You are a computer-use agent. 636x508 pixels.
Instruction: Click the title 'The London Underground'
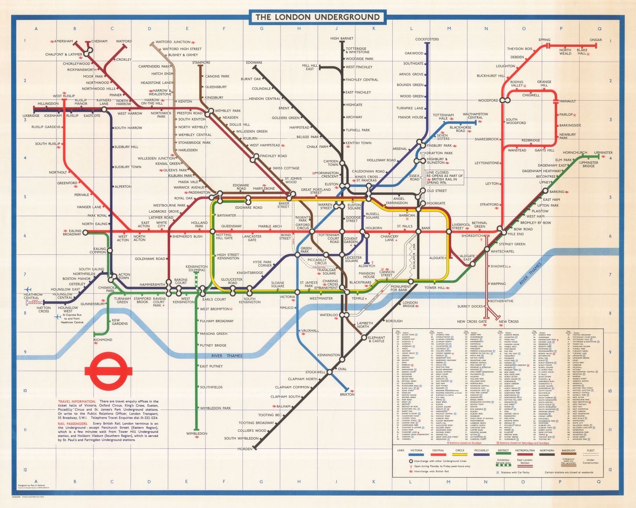click(318, 17)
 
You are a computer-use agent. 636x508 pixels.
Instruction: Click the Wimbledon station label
click(197, 434)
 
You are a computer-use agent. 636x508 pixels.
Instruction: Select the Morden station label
click(244, 449)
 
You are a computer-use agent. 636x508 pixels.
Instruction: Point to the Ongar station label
click(595, 40)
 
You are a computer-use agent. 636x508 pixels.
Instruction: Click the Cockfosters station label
click(427, 39)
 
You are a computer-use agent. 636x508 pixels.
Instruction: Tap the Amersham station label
click(64, 41)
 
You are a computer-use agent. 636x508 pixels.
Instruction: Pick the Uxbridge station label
click(31, 116)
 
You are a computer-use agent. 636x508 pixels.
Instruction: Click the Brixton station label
click(347, 394)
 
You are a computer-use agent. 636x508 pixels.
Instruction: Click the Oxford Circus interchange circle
click(312, 231)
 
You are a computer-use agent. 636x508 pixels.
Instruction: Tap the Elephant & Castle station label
click(376, 339)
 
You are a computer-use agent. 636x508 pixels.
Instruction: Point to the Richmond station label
click(103, 340)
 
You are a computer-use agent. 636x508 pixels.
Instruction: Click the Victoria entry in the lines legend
click(416, 451)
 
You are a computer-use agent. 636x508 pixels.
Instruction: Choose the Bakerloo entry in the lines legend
click(568, 451)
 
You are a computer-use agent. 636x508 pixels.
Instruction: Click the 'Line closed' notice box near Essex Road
click(444, 177)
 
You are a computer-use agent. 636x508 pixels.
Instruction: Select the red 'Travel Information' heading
click(77, 401)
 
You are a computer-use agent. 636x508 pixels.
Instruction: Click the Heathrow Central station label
click(33, 296)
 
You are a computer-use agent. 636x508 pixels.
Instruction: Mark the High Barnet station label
click(341, 39)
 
